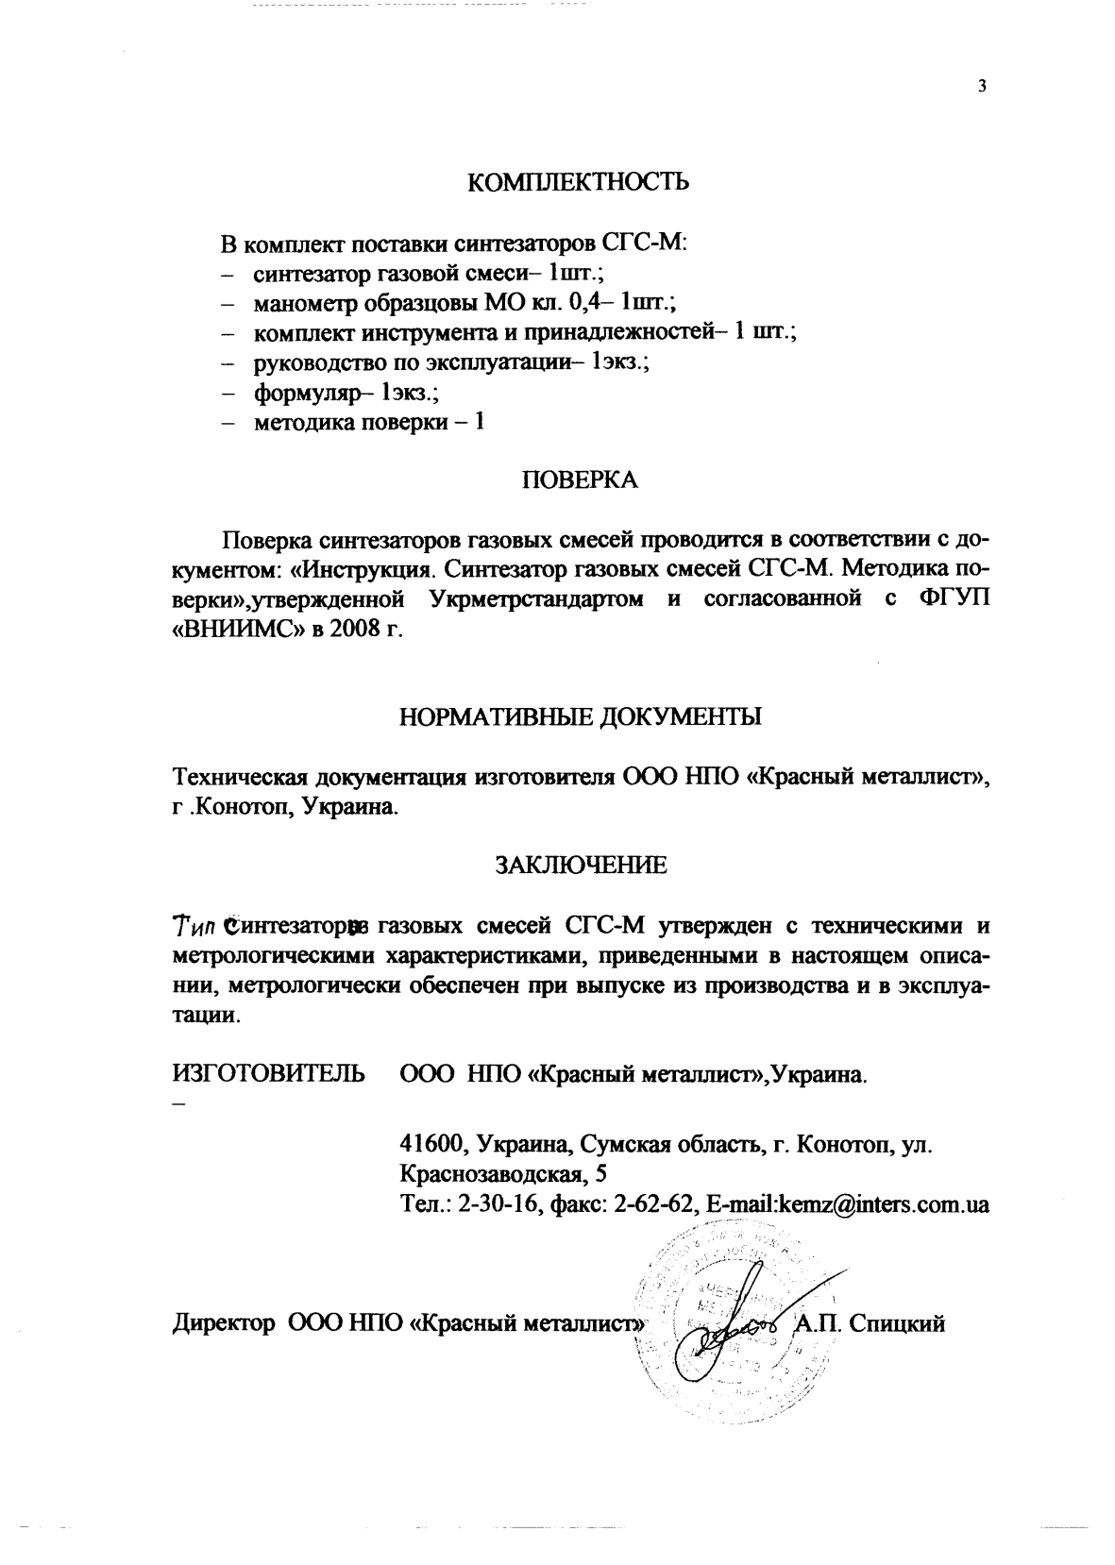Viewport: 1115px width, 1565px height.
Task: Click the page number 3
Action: [982, 87]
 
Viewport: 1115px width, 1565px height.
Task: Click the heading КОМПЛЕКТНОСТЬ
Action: [579, 182]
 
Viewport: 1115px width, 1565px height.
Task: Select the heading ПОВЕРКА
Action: [580, 480]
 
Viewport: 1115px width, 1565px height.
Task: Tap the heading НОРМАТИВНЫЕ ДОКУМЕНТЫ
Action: [580, 715]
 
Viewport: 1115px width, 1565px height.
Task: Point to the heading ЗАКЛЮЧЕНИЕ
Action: [581, 865]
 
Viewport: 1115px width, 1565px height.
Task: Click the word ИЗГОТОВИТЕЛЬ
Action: [268, 1074]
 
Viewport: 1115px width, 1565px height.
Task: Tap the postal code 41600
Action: [435, 1145]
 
